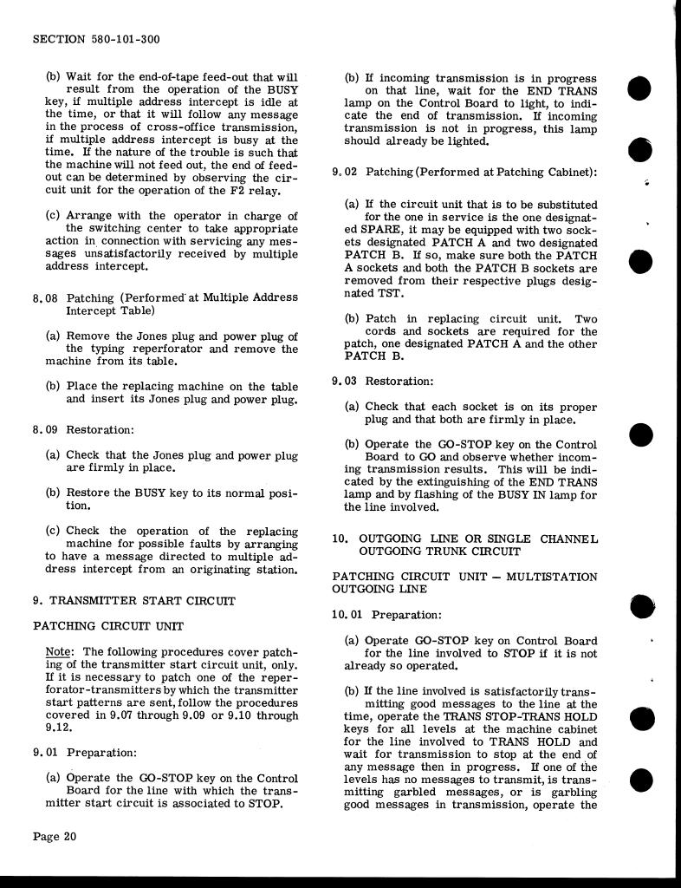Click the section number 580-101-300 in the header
click(121, 40)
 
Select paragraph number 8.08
click(45, 297)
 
